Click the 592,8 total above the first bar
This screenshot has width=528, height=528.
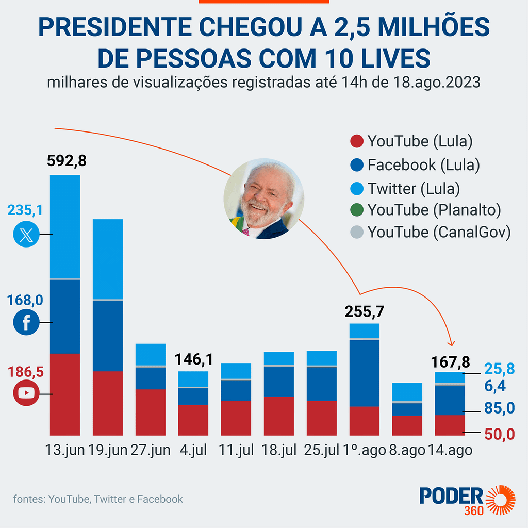[67, 161]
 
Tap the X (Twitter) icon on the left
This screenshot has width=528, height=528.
[26, 235]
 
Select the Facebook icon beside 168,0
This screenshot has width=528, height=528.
[26, 323]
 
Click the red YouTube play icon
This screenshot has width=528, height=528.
[26, 393]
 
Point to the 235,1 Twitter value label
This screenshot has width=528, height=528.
[25, 210]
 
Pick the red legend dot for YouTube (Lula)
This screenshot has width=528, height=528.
[357, 141]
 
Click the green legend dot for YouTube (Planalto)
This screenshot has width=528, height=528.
[357, 210]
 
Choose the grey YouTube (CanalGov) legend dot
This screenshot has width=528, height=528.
[357, 233]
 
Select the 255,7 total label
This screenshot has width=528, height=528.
[365, 311]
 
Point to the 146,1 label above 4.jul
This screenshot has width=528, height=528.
[193, 359]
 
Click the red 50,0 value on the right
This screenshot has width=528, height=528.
[500, 434]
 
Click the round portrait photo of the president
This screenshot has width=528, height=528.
[264, 199]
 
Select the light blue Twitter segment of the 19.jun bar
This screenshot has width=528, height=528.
[108, 259]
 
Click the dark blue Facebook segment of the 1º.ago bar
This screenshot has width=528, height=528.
[365, 372]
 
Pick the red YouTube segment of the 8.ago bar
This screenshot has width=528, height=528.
[407, 425]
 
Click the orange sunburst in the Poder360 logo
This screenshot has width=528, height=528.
[500, 500]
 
